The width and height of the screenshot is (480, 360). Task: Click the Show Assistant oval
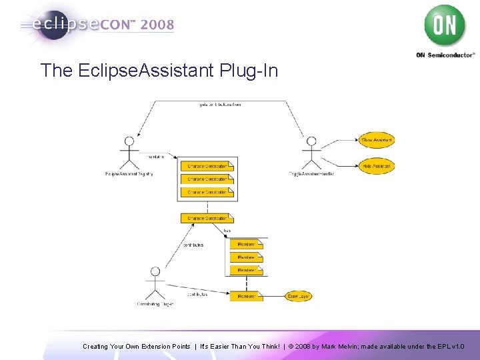coord(377,140)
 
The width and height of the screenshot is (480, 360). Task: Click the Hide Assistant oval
coord(377,165)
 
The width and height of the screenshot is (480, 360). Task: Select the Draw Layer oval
coord(299,295)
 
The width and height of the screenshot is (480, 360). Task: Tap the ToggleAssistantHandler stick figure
coord(311,153)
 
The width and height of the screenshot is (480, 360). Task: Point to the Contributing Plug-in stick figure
coord(155,283)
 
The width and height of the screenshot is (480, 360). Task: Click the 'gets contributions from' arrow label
coord(220,104)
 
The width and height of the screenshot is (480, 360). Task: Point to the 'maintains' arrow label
coord(155,157)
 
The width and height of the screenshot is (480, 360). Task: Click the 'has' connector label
coord(227,231)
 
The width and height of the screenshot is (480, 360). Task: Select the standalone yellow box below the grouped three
coord(207,217)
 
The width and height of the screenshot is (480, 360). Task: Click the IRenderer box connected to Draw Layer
coord(247,295)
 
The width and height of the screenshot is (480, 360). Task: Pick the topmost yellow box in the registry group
coord(207,165)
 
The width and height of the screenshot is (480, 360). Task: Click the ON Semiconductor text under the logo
coord(446,55)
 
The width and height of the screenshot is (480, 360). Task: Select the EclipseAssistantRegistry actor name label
coord(129,174)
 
